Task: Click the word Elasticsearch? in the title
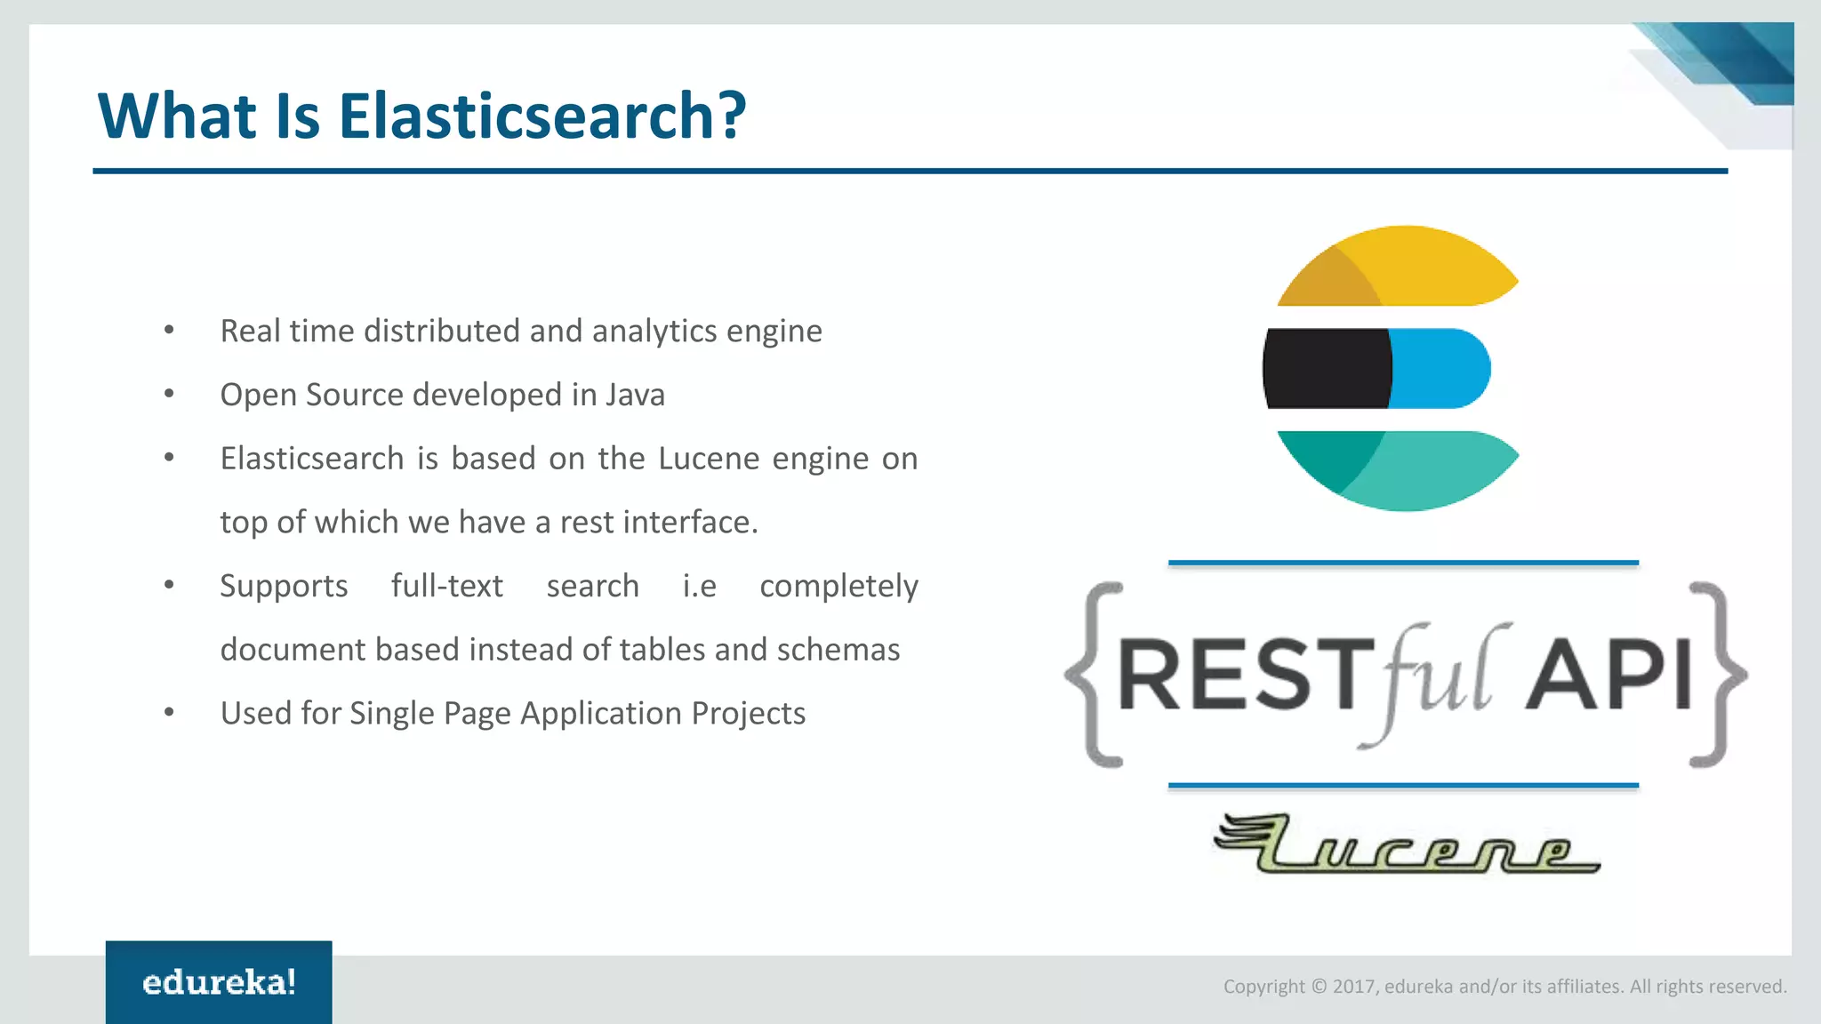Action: pyautogui.click(x=541, y=116)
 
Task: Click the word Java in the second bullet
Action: pyautogui.click(x=635, y=395)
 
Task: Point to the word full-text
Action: pyautogui.click(x=446, y=587)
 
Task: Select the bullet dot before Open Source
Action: pyautogui.click(x=169, y=394)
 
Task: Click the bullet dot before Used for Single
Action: pyautogui.click(x=169, y=712)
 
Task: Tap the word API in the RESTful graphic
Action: pyautogui.click(x=1609, y=676)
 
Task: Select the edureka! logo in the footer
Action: pyautogui.click(x=219, y=982)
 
